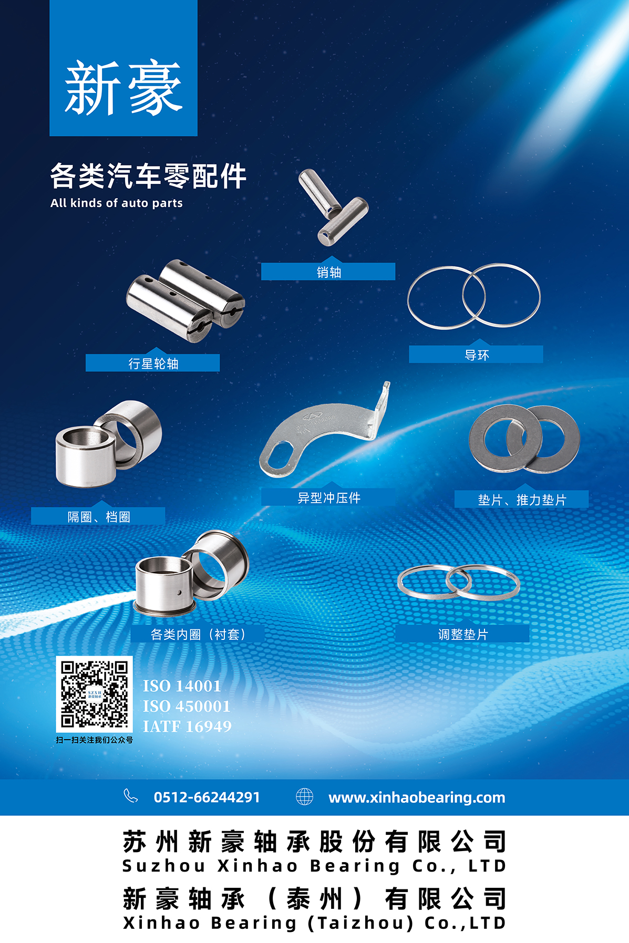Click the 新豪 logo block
coord(123,68)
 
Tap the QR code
coord(95,694)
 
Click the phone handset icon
coord(130,796)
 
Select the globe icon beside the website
coord(304,796)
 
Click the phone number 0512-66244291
coord(207,797)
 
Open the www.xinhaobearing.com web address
coord(417,797)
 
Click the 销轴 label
coord(329,272)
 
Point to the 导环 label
coord(477,355)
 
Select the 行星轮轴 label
coord(153,364)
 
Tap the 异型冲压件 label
coord(329,498)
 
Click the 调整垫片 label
coord(463,634)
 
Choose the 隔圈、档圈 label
coord(99,517)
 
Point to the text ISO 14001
coord(182,686)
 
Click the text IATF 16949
coord(187,727)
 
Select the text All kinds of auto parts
coord(117,203)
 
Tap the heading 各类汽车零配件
coord(148,175)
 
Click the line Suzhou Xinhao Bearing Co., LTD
coord(314,866)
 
